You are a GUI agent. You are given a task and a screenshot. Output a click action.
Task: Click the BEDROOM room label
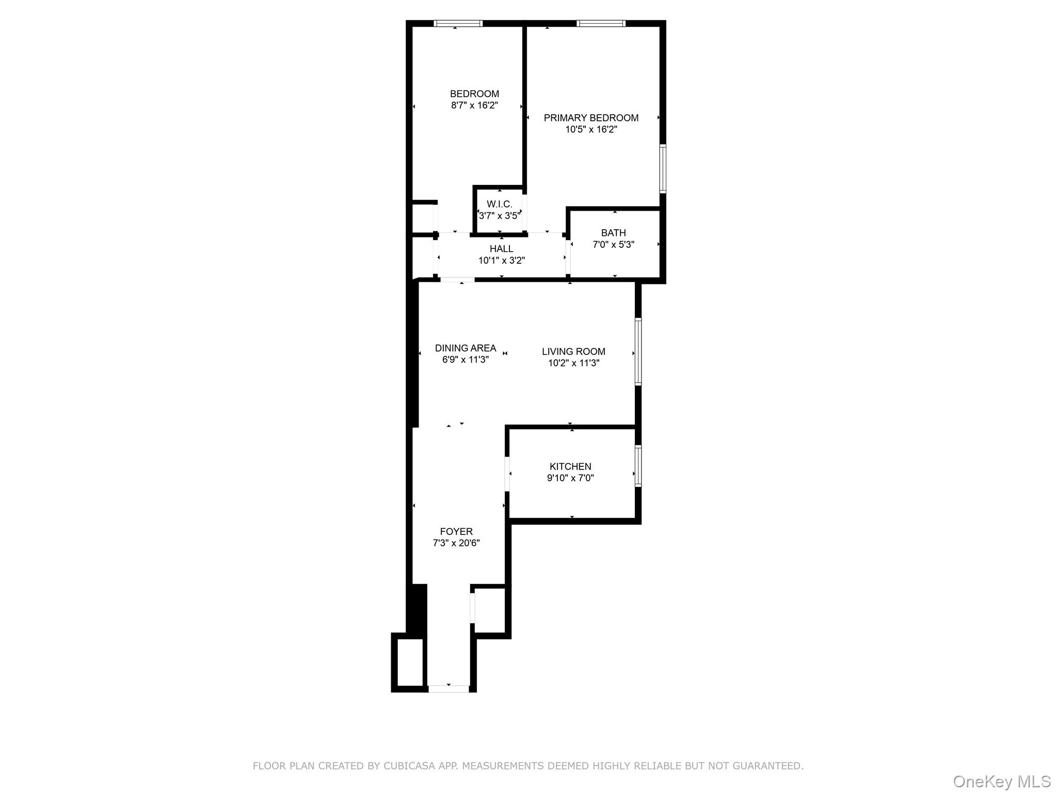(474, 94)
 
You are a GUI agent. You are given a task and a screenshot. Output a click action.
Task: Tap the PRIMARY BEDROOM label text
(591, 118)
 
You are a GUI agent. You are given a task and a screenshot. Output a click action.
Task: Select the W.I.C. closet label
(500, 204)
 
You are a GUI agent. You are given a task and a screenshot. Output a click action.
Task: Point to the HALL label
(501, 249)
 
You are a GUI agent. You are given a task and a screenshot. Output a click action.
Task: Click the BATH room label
(613, 233)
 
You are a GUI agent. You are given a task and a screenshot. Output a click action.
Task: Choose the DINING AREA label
(466, 348)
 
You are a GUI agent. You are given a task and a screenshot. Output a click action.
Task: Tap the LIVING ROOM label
(573, 352)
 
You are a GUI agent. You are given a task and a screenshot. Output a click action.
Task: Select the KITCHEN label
(570, 467)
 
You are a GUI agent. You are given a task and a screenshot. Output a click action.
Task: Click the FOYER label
(456, 532)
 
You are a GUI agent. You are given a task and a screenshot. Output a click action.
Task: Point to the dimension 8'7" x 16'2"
(474, 105)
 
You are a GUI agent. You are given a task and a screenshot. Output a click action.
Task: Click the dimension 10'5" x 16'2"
(591, 130)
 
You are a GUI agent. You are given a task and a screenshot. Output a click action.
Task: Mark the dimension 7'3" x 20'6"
(456, 543)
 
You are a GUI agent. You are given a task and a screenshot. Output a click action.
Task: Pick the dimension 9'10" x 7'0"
(570, 478)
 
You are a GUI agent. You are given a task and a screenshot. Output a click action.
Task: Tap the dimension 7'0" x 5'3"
(613, 244)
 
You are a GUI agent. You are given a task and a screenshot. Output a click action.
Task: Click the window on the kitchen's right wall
(638, 466)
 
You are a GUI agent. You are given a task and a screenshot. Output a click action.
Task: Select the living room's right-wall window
(638, 352)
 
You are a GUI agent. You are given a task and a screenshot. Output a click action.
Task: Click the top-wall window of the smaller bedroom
(458, 23)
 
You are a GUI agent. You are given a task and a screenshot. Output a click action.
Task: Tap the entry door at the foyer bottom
(449, 689)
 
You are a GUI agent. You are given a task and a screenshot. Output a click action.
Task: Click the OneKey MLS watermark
(1002, 782)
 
